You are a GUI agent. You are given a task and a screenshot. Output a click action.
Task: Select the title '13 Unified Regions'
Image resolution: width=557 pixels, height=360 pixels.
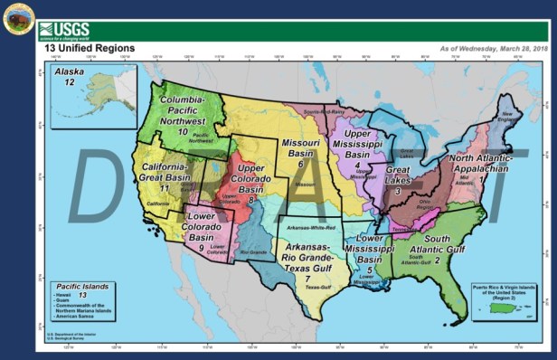pyautogui.click(x=90, y=48)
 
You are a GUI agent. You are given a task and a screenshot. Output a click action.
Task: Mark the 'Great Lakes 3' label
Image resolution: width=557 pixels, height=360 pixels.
pyautogui.click(x=397, y=179)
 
